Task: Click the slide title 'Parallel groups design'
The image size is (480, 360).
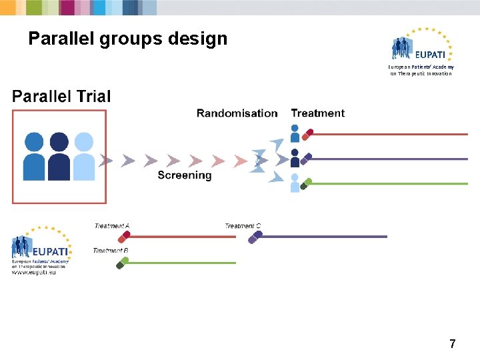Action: point(127,39)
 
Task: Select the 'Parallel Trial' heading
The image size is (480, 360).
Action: point(61,97)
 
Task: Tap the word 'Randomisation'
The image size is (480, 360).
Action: point(237,113)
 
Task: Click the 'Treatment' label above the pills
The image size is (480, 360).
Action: point(318,113)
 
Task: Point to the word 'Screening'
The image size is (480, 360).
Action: point(185,175)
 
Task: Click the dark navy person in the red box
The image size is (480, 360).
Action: point(59,156)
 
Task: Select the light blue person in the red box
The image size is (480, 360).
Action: point(84,156)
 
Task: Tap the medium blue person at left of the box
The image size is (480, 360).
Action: point(34,156)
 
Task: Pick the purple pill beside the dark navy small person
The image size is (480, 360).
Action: point(306,159)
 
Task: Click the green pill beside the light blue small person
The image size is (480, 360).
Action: point(306,183)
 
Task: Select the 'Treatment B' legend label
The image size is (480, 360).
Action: point(111,251)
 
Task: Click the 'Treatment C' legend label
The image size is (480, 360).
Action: point(243,226)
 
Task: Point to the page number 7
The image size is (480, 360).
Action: point(453,344)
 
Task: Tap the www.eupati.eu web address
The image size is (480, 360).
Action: point(34,273)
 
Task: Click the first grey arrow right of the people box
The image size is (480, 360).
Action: point(105,161)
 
